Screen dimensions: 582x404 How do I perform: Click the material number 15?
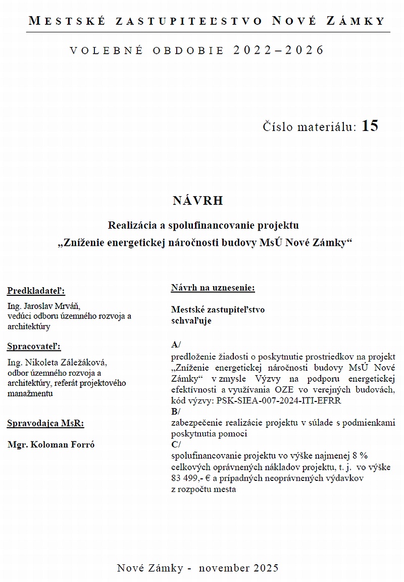pos(370,126)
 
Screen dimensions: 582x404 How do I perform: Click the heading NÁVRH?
pos(197,201)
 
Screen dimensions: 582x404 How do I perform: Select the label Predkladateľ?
pos(36,291)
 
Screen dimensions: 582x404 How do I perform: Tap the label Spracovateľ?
pos(34,346)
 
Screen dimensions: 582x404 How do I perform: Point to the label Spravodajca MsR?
pos(45,424)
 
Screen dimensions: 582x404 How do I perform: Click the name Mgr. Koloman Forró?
pos(51,445)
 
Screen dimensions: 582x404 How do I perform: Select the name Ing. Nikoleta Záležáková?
pos(58,363)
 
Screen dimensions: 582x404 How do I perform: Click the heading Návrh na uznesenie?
pos(213,288)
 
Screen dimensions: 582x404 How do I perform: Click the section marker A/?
pos(176,345)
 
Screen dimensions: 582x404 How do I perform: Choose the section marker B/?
pos(176,412)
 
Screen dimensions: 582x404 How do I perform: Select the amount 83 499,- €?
pos(195,478)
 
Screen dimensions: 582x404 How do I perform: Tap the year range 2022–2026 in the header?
pos(278,50)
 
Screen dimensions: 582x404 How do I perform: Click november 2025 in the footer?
pos(238,568)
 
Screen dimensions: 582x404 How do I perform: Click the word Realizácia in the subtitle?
pos(132,224)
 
